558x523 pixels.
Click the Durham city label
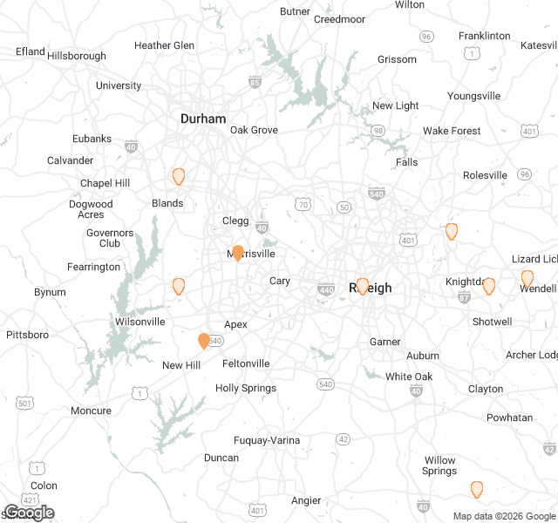point(202,119)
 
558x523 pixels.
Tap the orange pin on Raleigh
point(363,286)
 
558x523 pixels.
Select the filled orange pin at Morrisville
point(237,253)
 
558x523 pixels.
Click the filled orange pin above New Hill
point(204,341)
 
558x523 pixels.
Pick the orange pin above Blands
point(179,176)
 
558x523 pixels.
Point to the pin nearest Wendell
point(527,278)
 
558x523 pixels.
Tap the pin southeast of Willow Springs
point(477,489)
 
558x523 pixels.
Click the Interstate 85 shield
point(255,82)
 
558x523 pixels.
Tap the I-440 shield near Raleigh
point(325,289)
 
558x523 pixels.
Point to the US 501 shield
point(24,403)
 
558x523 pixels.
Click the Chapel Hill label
point(105,183)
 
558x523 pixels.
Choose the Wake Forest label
point(452,131)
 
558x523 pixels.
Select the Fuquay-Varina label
point(267,440)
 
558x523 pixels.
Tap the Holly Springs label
point(246,388)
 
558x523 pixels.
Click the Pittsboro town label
point(27,334)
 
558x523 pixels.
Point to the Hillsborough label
point(77,56)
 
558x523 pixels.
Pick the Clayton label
point(486,389)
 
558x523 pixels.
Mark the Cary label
point(280,281)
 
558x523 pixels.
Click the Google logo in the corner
point(29,513)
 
